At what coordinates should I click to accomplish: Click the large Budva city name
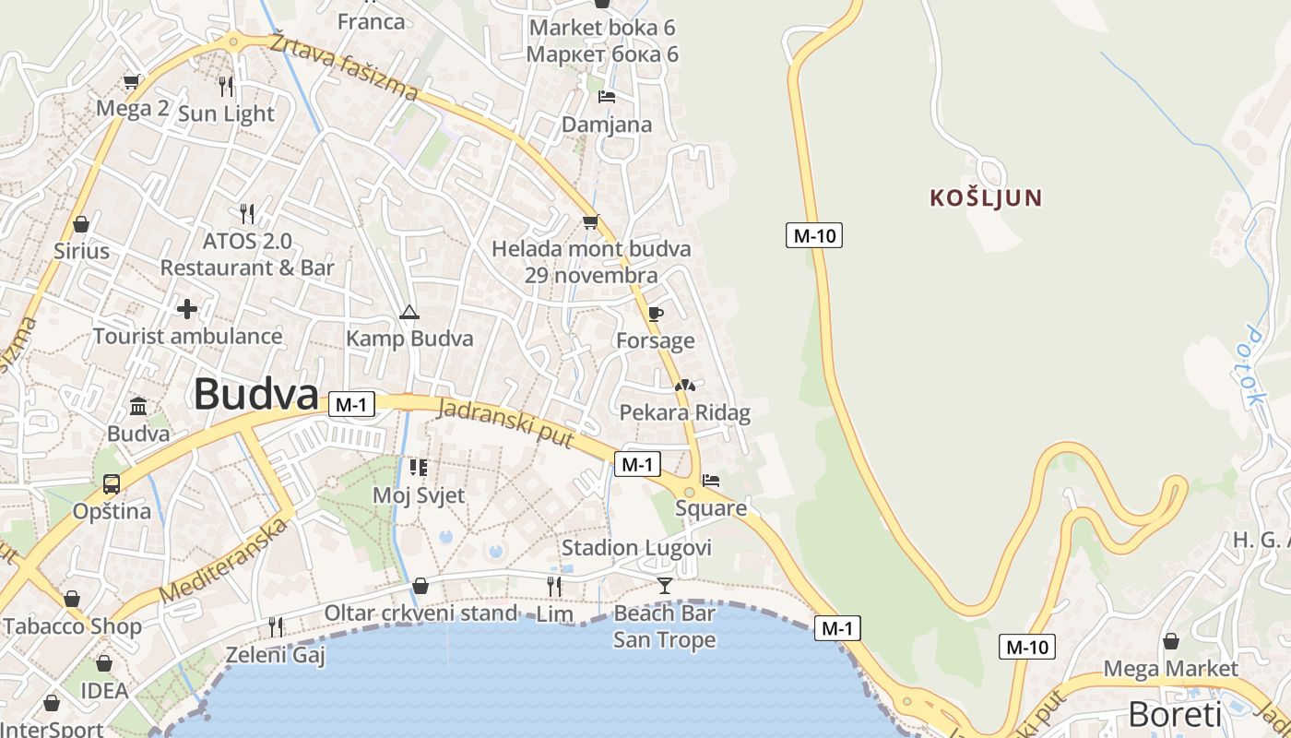(x=256, y=395)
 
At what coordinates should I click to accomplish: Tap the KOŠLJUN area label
(x=986, y=197)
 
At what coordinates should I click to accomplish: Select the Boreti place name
(x=1175, y=715)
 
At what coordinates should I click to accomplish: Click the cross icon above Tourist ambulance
(x=187, y=309)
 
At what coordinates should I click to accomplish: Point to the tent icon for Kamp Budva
(x=409, y=312)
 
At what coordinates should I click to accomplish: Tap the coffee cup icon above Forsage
(x=656, y=315)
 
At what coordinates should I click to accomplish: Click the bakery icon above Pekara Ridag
(x=684, y=386)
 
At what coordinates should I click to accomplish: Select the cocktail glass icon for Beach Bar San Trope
(x=664, y=585)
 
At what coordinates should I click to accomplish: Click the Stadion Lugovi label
(x=636, y=548)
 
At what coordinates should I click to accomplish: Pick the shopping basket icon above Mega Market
(x=1170, y=641)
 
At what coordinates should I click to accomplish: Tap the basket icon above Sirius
(x=81, y=224)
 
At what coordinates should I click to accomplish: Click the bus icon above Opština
(x=112, y=483)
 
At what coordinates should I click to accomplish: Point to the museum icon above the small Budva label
(x=138, y=406)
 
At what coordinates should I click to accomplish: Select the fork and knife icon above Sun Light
(x=226, y=87)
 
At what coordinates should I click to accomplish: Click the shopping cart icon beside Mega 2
(x=132, y=81)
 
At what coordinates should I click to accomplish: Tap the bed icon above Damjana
(x=606, y=96)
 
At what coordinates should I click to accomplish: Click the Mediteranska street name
(x=224, y=561)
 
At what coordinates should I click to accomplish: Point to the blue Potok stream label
(x=1252, y=366)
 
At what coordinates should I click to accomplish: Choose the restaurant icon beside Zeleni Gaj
(x=275, y=627)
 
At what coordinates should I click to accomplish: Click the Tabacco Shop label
(x=72, y=627)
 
